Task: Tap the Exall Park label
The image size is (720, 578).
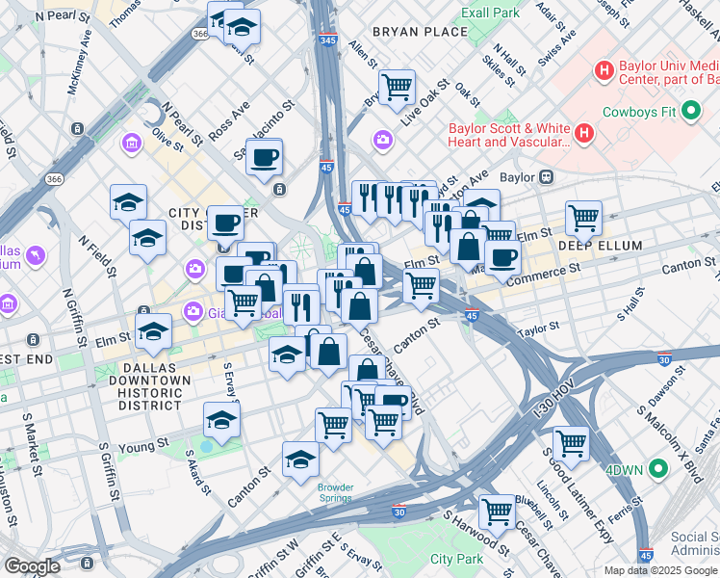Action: tap(490, 13)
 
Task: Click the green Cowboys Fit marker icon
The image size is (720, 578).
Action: tap(690, 111)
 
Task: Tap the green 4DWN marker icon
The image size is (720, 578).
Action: tap(658, 470)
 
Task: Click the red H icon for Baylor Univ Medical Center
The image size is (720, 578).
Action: tap(604, 70)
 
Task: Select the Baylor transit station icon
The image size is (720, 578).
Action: tap(545, 177)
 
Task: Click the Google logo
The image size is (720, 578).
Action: tap(33, 565)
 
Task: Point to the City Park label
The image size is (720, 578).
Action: tap(456, 559)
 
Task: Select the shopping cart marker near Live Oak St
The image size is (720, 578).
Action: tap(397, 88)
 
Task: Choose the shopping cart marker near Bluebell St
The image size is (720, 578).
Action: tap(497, 511)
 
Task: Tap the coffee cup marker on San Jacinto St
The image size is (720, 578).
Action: tap(264, 157)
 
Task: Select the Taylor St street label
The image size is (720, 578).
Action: tap(539, 329)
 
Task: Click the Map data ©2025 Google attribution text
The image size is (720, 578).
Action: tap(660, 570)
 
